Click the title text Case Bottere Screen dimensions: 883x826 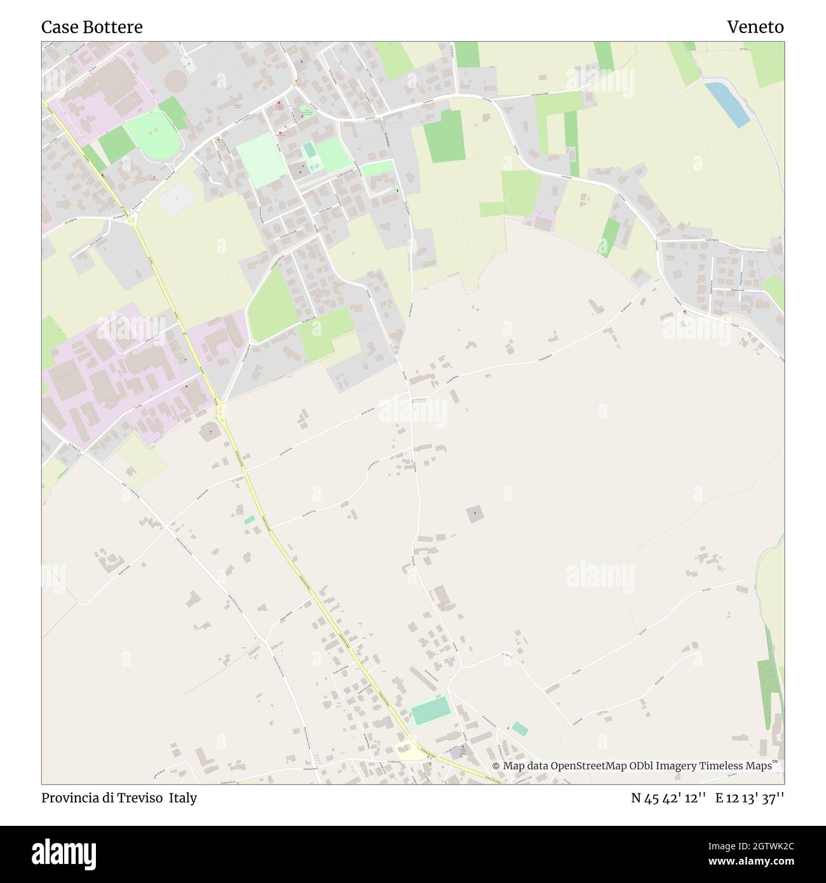92,27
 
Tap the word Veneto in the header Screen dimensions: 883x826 755,27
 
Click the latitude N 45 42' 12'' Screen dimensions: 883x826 668,799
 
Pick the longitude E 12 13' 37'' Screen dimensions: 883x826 750,799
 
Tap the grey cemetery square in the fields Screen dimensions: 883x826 475,514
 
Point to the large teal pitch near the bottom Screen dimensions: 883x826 430,711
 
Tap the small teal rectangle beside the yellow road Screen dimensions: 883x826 249,520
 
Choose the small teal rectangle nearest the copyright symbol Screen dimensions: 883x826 519,729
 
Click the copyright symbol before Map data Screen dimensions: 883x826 496,767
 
